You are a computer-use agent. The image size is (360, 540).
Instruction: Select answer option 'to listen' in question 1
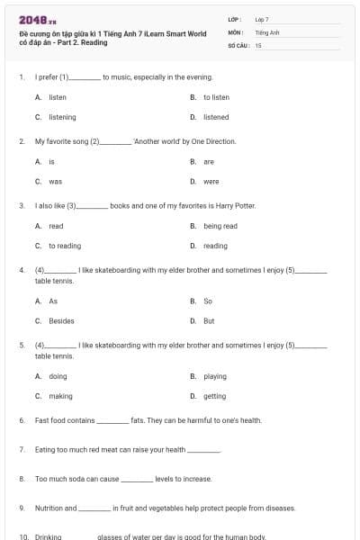216,97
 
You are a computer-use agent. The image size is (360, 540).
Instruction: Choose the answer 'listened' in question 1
216,117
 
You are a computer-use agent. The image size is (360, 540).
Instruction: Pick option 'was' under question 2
55,182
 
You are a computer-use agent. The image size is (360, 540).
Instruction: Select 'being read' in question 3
220,226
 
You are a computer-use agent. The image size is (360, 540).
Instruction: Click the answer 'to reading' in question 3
65,246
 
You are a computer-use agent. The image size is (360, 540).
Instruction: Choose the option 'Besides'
61,320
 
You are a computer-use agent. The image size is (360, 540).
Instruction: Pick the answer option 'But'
209,320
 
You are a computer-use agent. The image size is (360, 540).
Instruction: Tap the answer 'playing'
215,376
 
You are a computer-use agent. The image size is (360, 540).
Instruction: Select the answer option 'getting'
215,396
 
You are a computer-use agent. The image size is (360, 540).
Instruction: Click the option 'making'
60,396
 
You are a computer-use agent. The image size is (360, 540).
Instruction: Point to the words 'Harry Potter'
238,206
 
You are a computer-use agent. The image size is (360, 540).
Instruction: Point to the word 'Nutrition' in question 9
49,508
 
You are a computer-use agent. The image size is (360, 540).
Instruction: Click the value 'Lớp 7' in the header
262,19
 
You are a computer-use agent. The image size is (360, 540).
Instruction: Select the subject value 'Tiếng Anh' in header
267,31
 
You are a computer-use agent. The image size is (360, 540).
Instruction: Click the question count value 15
258,44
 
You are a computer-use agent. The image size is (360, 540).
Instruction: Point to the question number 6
22,420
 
